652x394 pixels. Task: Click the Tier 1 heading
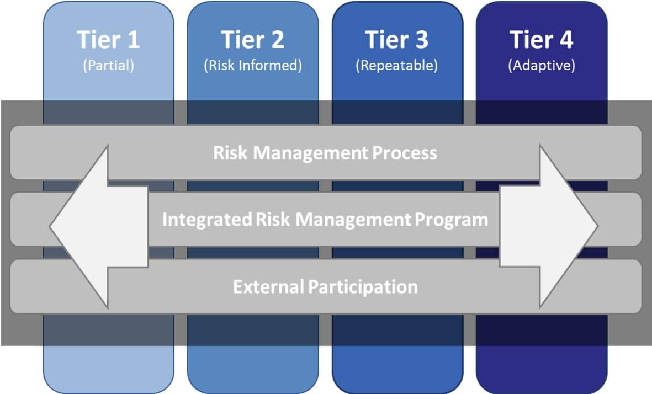click(108, 40)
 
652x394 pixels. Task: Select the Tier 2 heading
click(253, 40)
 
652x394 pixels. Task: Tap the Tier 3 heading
click(397, 40)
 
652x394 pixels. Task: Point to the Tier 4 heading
click(542, 40)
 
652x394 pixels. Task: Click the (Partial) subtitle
click(108, 65)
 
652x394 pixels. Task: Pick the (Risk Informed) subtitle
click(253, 65)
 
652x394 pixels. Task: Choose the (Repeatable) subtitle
click(397, 65)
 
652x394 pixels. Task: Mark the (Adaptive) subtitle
click(542, 65)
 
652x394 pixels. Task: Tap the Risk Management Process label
click(325, 153)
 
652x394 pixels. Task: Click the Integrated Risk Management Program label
click(325, 220)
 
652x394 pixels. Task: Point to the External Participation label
click(325, 287)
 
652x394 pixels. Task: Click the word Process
click(405, 153)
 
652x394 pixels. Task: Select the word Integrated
click(206, 220)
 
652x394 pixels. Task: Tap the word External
click(268, 287)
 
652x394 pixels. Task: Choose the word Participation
click(363, 287)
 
